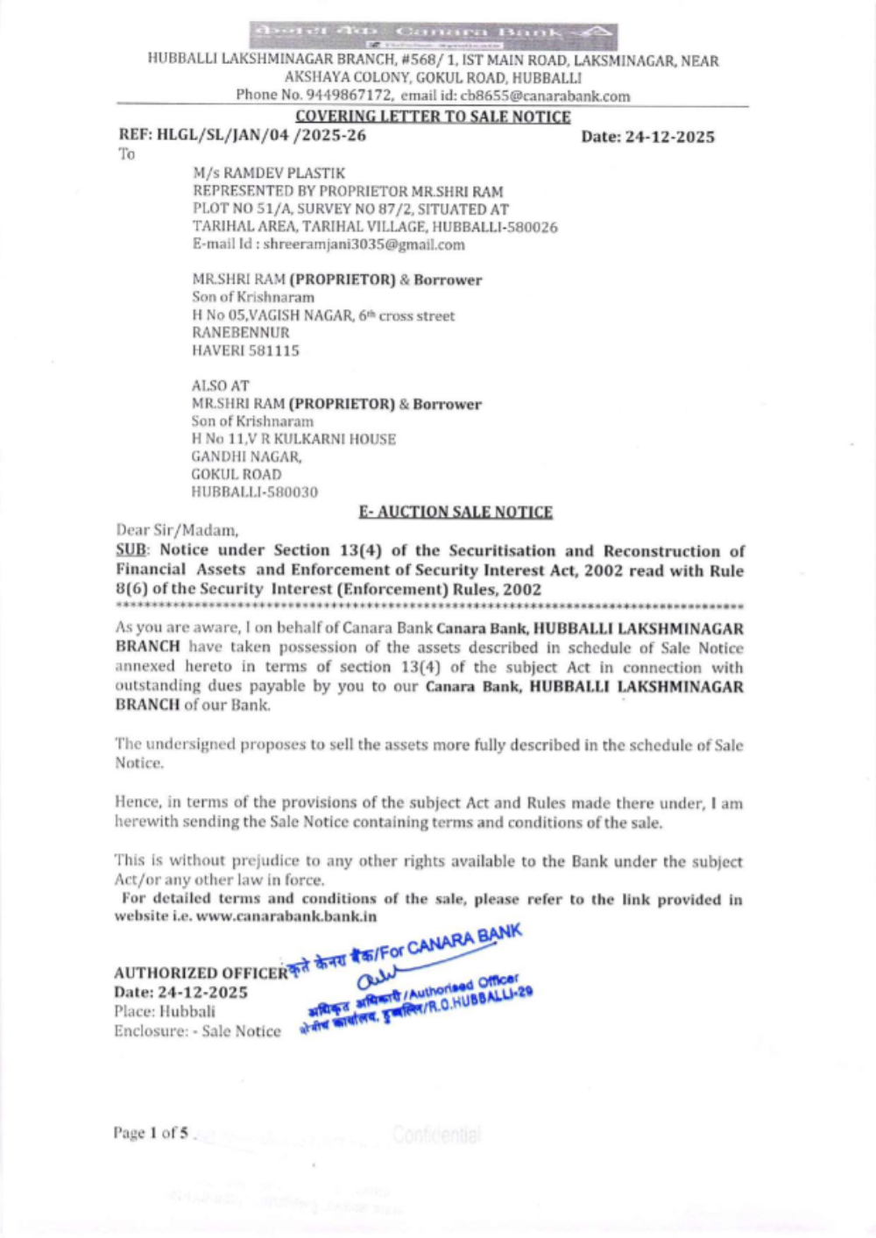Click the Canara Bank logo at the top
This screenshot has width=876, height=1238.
[x=433, y=35]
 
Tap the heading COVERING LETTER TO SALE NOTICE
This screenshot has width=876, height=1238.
[x=433, y=117]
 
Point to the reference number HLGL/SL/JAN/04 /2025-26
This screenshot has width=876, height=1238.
[x=261, y=136]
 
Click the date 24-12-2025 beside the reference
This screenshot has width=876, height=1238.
[x=669, y=137]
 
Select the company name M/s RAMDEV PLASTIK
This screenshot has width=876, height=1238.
[x=269, y=173]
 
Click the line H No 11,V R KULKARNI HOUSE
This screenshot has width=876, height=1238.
[x=293, y=439]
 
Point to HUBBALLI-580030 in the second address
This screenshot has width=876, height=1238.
[x=255, y=492]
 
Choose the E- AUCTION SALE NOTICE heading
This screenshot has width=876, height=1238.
[x=456, y=512]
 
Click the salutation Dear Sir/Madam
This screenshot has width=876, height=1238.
[x=177, y=530]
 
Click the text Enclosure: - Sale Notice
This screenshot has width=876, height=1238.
[x=197, y=1031]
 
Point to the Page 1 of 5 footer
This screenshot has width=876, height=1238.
[x=151, y=1133]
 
